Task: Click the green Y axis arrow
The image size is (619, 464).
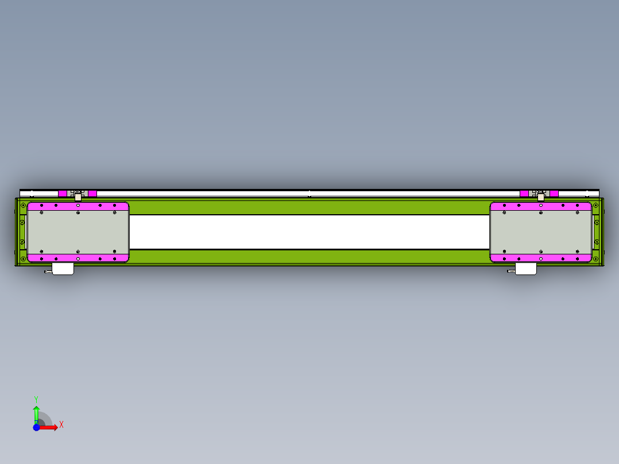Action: [x=36, y=413]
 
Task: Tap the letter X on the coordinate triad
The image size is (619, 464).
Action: [x=61, y=425]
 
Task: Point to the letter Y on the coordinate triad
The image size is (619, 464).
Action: [x=36, y=399]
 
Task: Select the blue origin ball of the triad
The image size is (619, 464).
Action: [x=36, y=427]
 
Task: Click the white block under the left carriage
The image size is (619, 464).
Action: [x=63, y=269]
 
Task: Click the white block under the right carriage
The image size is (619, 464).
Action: [x=526, y=269]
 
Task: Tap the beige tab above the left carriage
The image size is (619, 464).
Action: [x=78, y=197]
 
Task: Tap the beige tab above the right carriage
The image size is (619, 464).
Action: [x=541, y=197]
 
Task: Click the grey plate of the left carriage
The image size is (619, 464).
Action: [x=78, y=232]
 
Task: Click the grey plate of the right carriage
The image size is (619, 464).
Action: [x=541, y=232]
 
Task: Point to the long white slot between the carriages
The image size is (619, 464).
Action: [x=309, y=232]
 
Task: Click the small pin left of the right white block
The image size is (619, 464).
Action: [x=510, y=272]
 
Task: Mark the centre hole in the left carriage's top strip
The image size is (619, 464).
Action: [x=78, y=205]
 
